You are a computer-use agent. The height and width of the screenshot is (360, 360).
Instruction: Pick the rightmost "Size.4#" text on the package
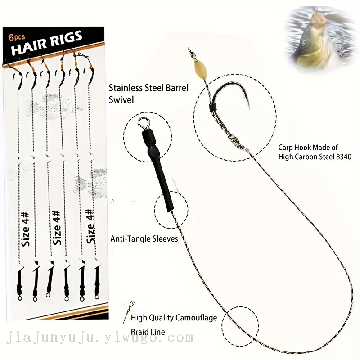tap(90, 226)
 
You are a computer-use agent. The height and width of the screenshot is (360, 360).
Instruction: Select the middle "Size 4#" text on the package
tap(57, 228)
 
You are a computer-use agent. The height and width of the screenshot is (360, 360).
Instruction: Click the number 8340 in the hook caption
tap(342, 157)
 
